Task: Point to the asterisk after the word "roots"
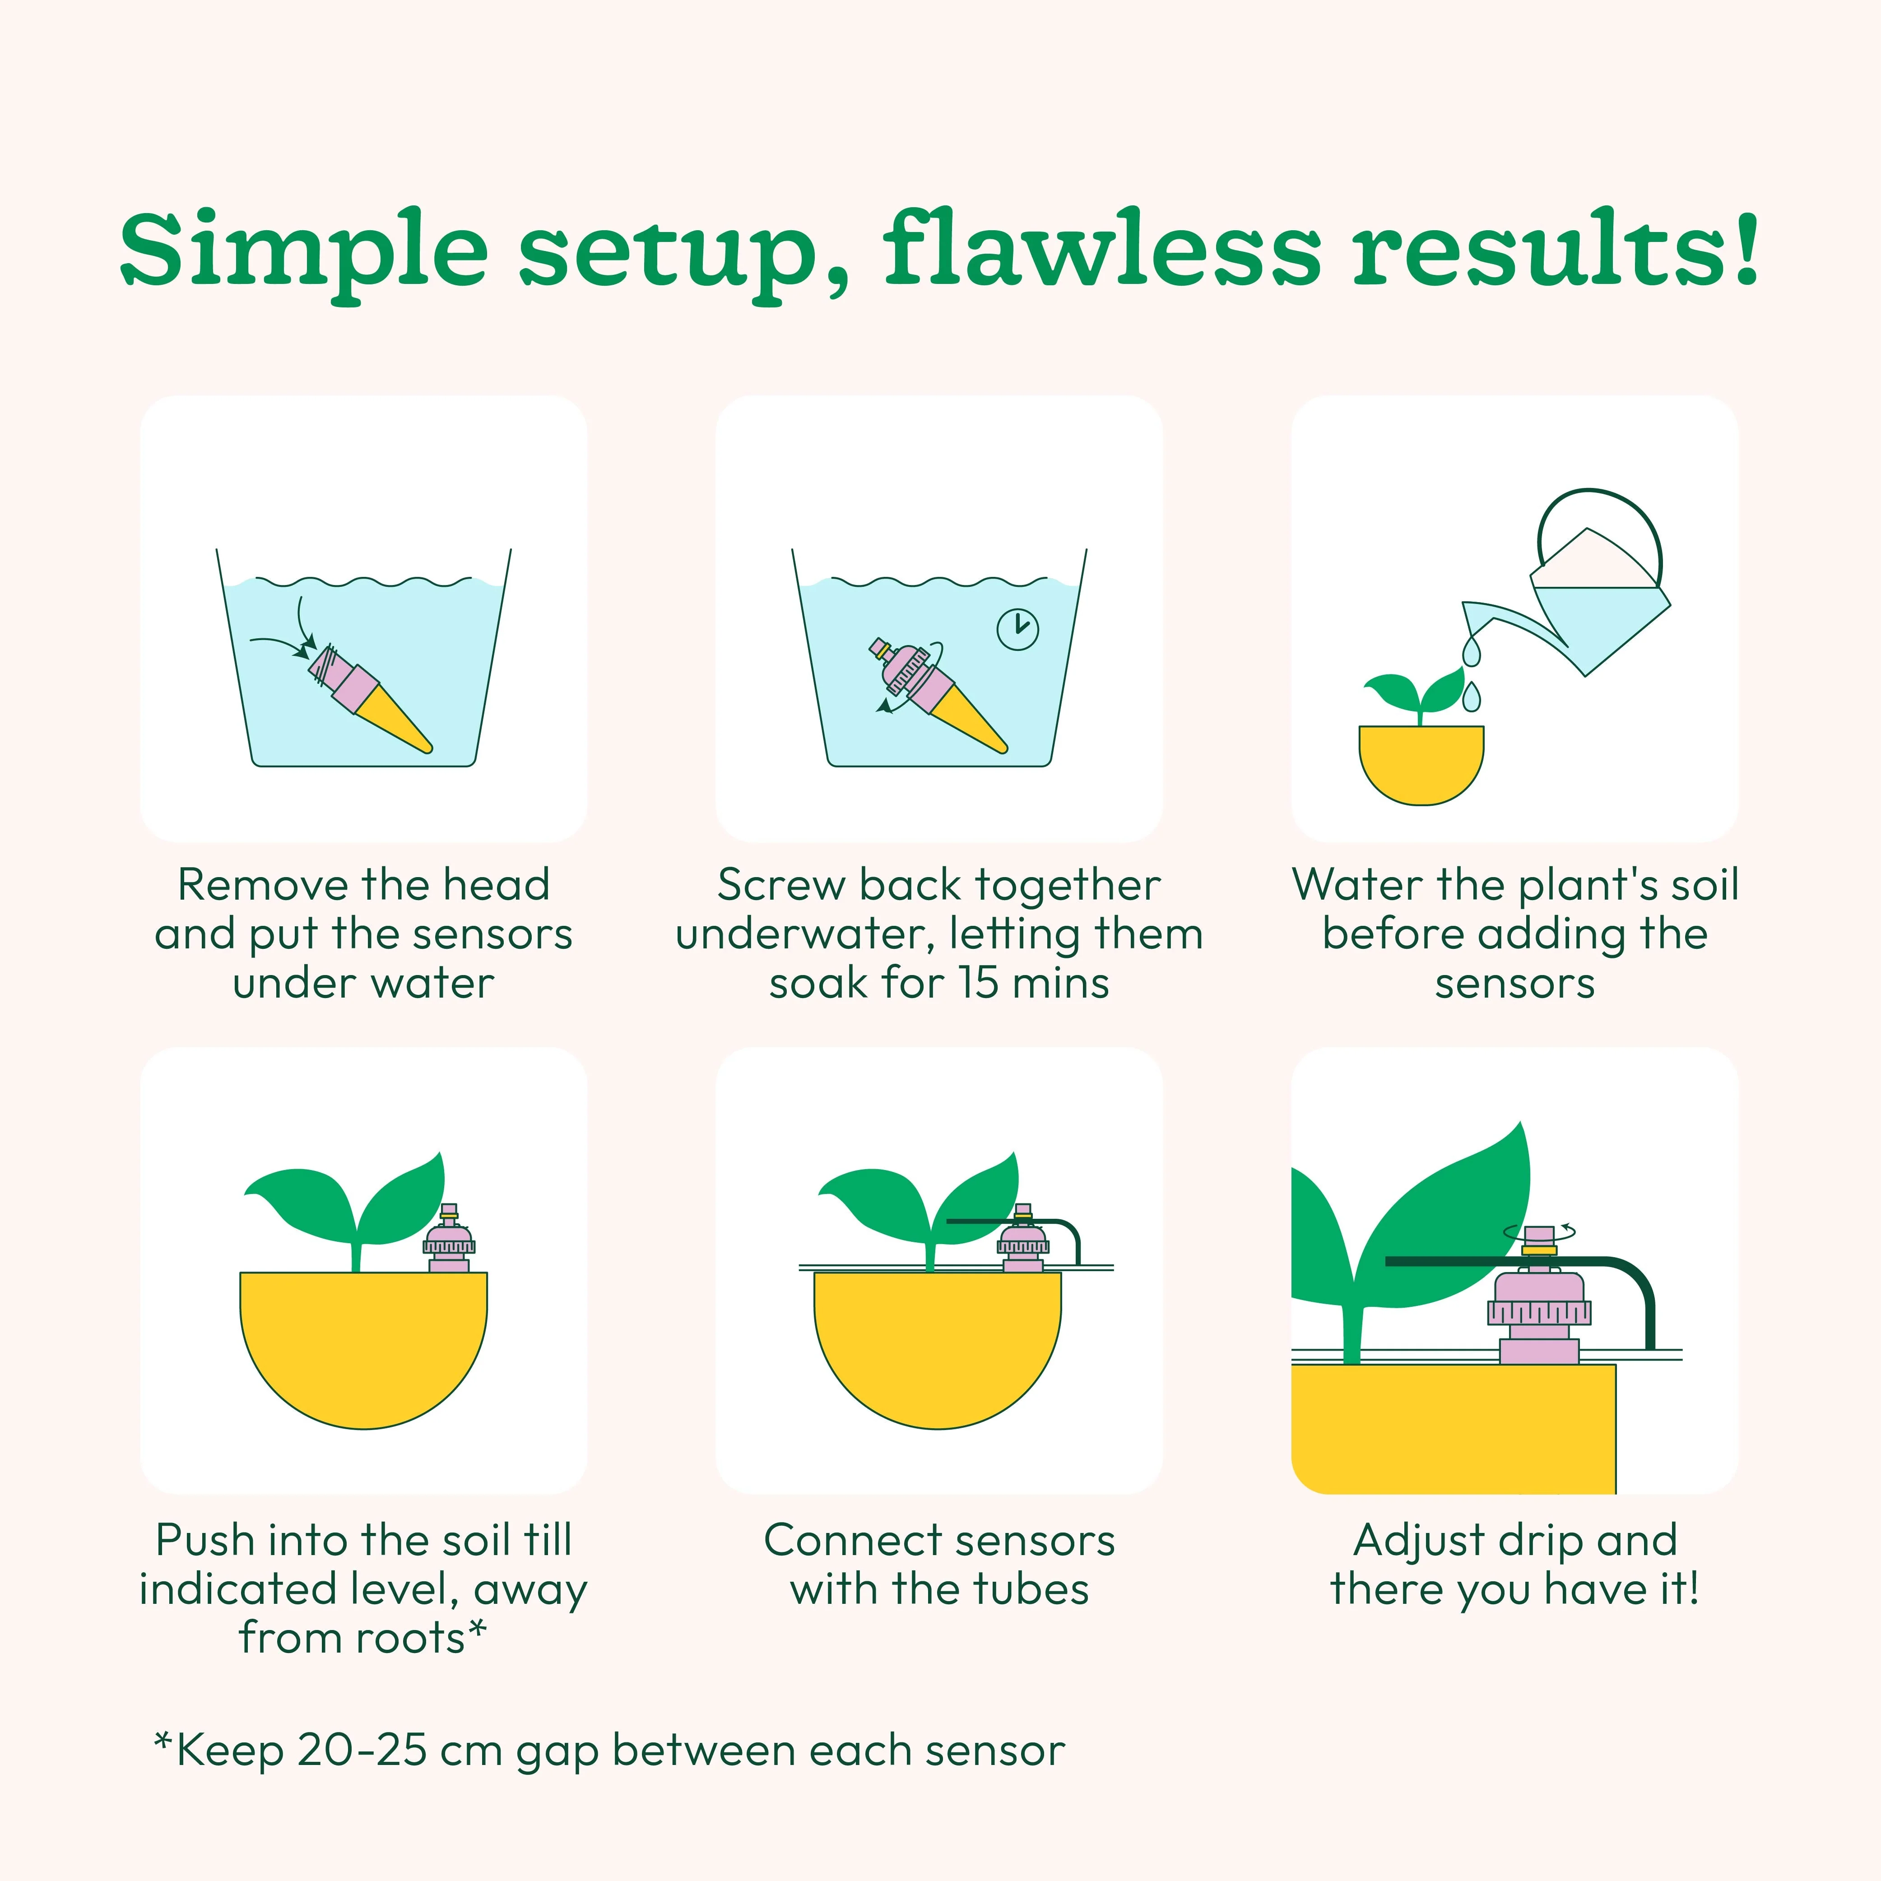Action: (476, 1628)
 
